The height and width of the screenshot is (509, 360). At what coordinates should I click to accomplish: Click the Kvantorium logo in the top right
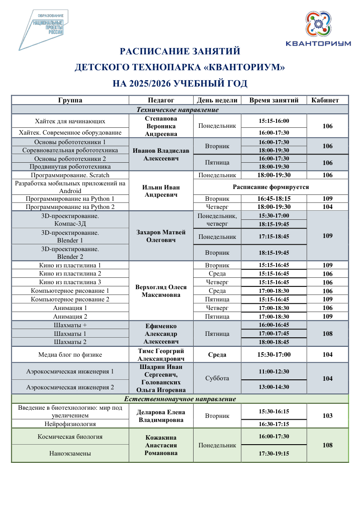click(318, 29)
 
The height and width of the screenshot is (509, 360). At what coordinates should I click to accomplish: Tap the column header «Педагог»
click(161, 100)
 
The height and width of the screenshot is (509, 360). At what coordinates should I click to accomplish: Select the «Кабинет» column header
click(328, 100)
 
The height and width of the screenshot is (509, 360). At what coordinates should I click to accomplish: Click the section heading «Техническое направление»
click(180, 110)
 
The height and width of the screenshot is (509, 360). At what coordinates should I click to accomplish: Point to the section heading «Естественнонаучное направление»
click(180, 399)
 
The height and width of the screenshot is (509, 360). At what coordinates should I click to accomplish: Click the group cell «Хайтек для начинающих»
click(70, 121)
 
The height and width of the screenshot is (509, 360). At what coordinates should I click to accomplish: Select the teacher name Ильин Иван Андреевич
click(161, 191)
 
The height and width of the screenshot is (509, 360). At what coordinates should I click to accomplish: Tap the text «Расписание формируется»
click(271, 187)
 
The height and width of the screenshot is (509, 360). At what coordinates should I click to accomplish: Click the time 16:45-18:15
click(274, 199)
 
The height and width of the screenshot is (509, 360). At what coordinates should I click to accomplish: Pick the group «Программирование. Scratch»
click(70, 175)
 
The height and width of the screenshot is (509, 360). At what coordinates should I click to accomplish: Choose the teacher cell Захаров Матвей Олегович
click(161, 236)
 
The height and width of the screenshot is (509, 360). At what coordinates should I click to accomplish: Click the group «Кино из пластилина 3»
click(70, 282)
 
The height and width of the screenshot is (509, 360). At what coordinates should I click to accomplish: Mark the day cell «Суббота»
click(217, 378)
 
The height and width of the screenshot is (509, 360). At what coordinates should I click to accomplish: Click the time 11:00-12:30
click(274, 371)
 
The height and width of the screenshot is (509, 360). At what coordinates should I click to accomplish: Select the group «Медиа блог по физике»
click(70, 354)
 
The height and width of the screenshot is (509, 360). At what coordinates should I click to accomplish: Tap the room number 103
click(328, 416)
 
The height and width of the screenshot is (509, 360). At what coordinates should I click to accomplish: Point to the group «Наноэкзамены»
click(70, 453)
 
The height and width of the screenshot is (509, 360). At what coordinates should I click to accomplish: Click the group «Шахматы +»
click(70, 325)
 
